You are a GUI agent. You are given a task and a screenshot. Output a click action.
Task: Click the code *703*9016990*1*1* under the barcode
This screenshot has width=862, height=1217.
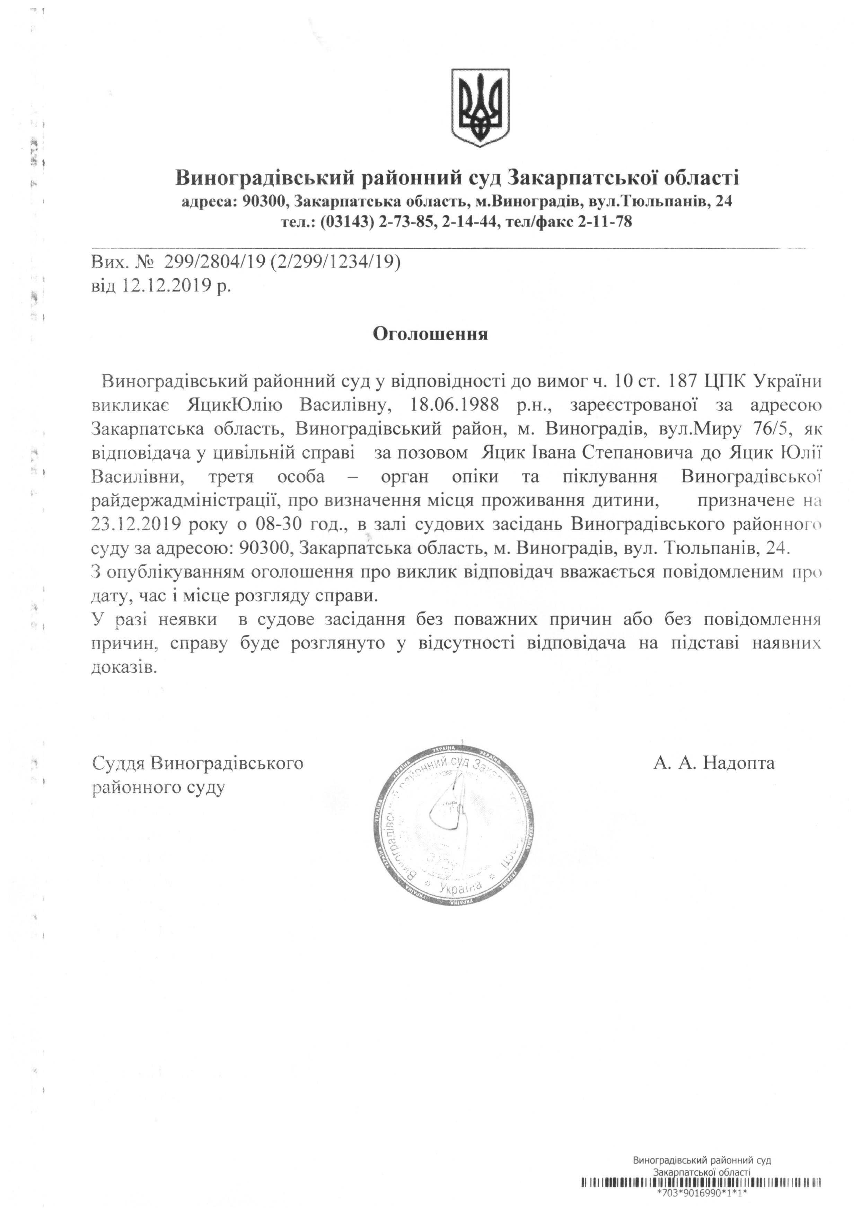click(702, 1206)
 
